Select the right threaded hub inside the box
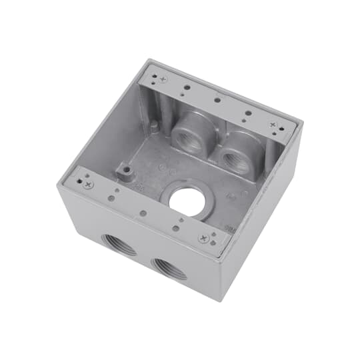pos(235,160)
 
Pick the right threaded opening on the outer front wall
pos(169,267)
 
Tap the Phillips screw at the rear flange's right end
pos(273,125)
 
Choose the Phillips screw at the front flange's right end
pos(203,237)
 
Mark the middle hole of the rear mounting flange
pos(217,101)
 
